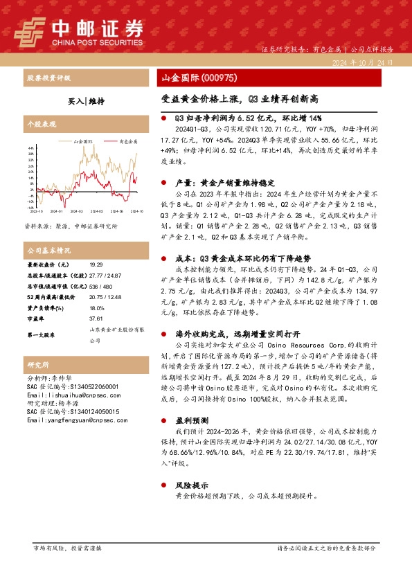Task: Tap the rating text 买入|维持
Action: pyautogui.click(x=87, y=101)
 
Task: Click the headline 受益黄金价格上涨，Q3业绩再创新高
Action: pyautogui.click(x=240, y=99)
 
